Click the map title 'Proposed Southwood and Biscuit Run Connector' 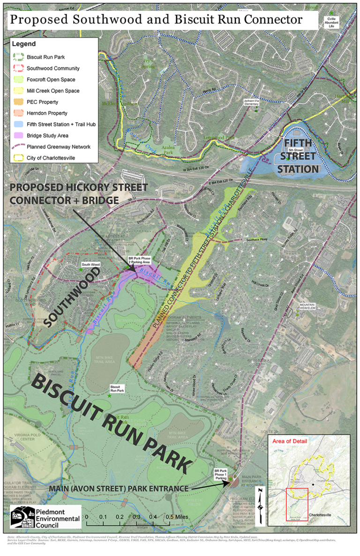click(x=156, y=19)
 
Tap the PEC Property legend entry click(x=47, y=102)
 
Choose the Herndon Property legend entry click(x=47, y=113)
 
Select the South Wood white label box click(x=90, y=265)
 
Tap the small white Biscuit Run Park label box click(x=117, y=388)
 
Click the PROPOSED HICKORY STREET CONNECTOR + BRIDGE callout click(x=85, y=193)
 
